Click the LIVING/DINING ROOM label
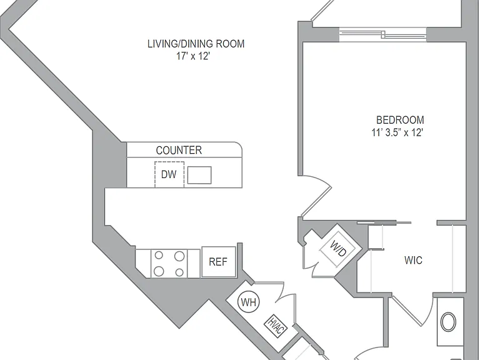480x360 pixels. [196, 44]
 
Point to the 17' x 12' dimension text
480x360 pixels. [193, 56]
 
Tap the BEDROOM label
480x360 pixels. [400, 120]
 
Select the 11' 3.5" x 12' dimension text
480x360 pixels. [397, 132]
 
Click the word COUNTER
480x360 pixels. [179, 150]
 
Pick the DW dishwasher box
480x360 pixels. [169, 174]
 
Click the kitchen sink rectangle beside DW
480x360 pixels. [199, 175]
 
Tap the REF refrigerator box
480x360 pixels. [219, 262]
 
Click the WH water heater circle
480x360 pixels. [249, 302]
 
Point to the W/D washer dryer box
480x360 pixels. [338, 248]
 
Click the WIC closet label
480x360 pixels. [413, 260]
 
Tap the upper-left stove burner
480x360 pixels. [159, 255]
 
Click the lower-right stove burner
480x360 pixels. [179, 272]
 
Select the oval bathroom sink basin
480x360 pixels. [449, 322]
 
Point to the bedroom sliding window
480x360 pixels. [382, 34]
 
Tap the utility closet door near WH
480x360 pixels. [286, 303]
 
